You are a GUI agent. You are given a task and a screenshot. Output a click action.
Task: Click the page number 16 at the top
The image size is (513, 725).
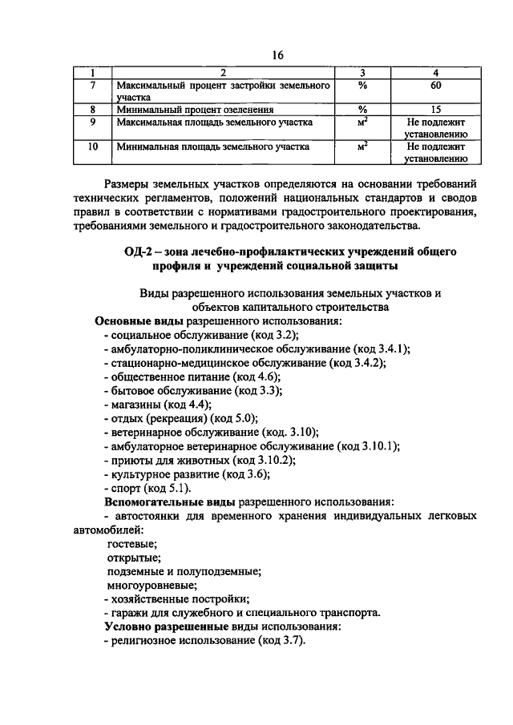point(278,54)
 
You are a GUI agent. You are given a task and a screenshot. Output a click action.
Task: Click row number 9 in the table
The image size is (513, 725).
point(93,123)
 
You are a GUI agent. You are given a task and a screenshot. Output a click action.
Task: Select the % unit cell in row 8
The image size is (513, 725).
point(362,110)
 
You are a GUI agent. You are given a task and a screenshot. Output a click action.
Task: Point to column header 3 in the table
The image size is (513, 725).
point(362,73)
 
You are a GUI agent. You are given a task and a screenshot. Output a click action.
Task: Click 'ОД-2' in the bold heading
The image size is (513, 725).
point(142,252)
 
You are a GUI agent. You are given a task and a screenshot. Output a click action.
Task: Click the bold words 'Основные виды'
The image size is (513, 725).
point(133,321)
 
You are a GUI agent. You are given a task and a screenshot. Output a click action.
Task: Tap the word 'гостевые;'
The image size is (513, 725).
point(132,544)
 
